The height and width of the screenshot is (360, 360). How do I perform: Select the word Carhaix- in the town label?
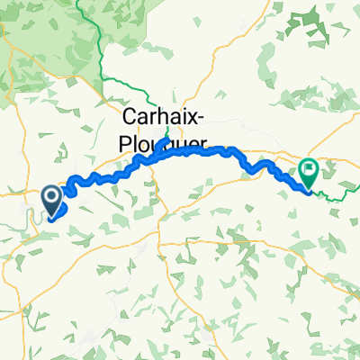[162, 116]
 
